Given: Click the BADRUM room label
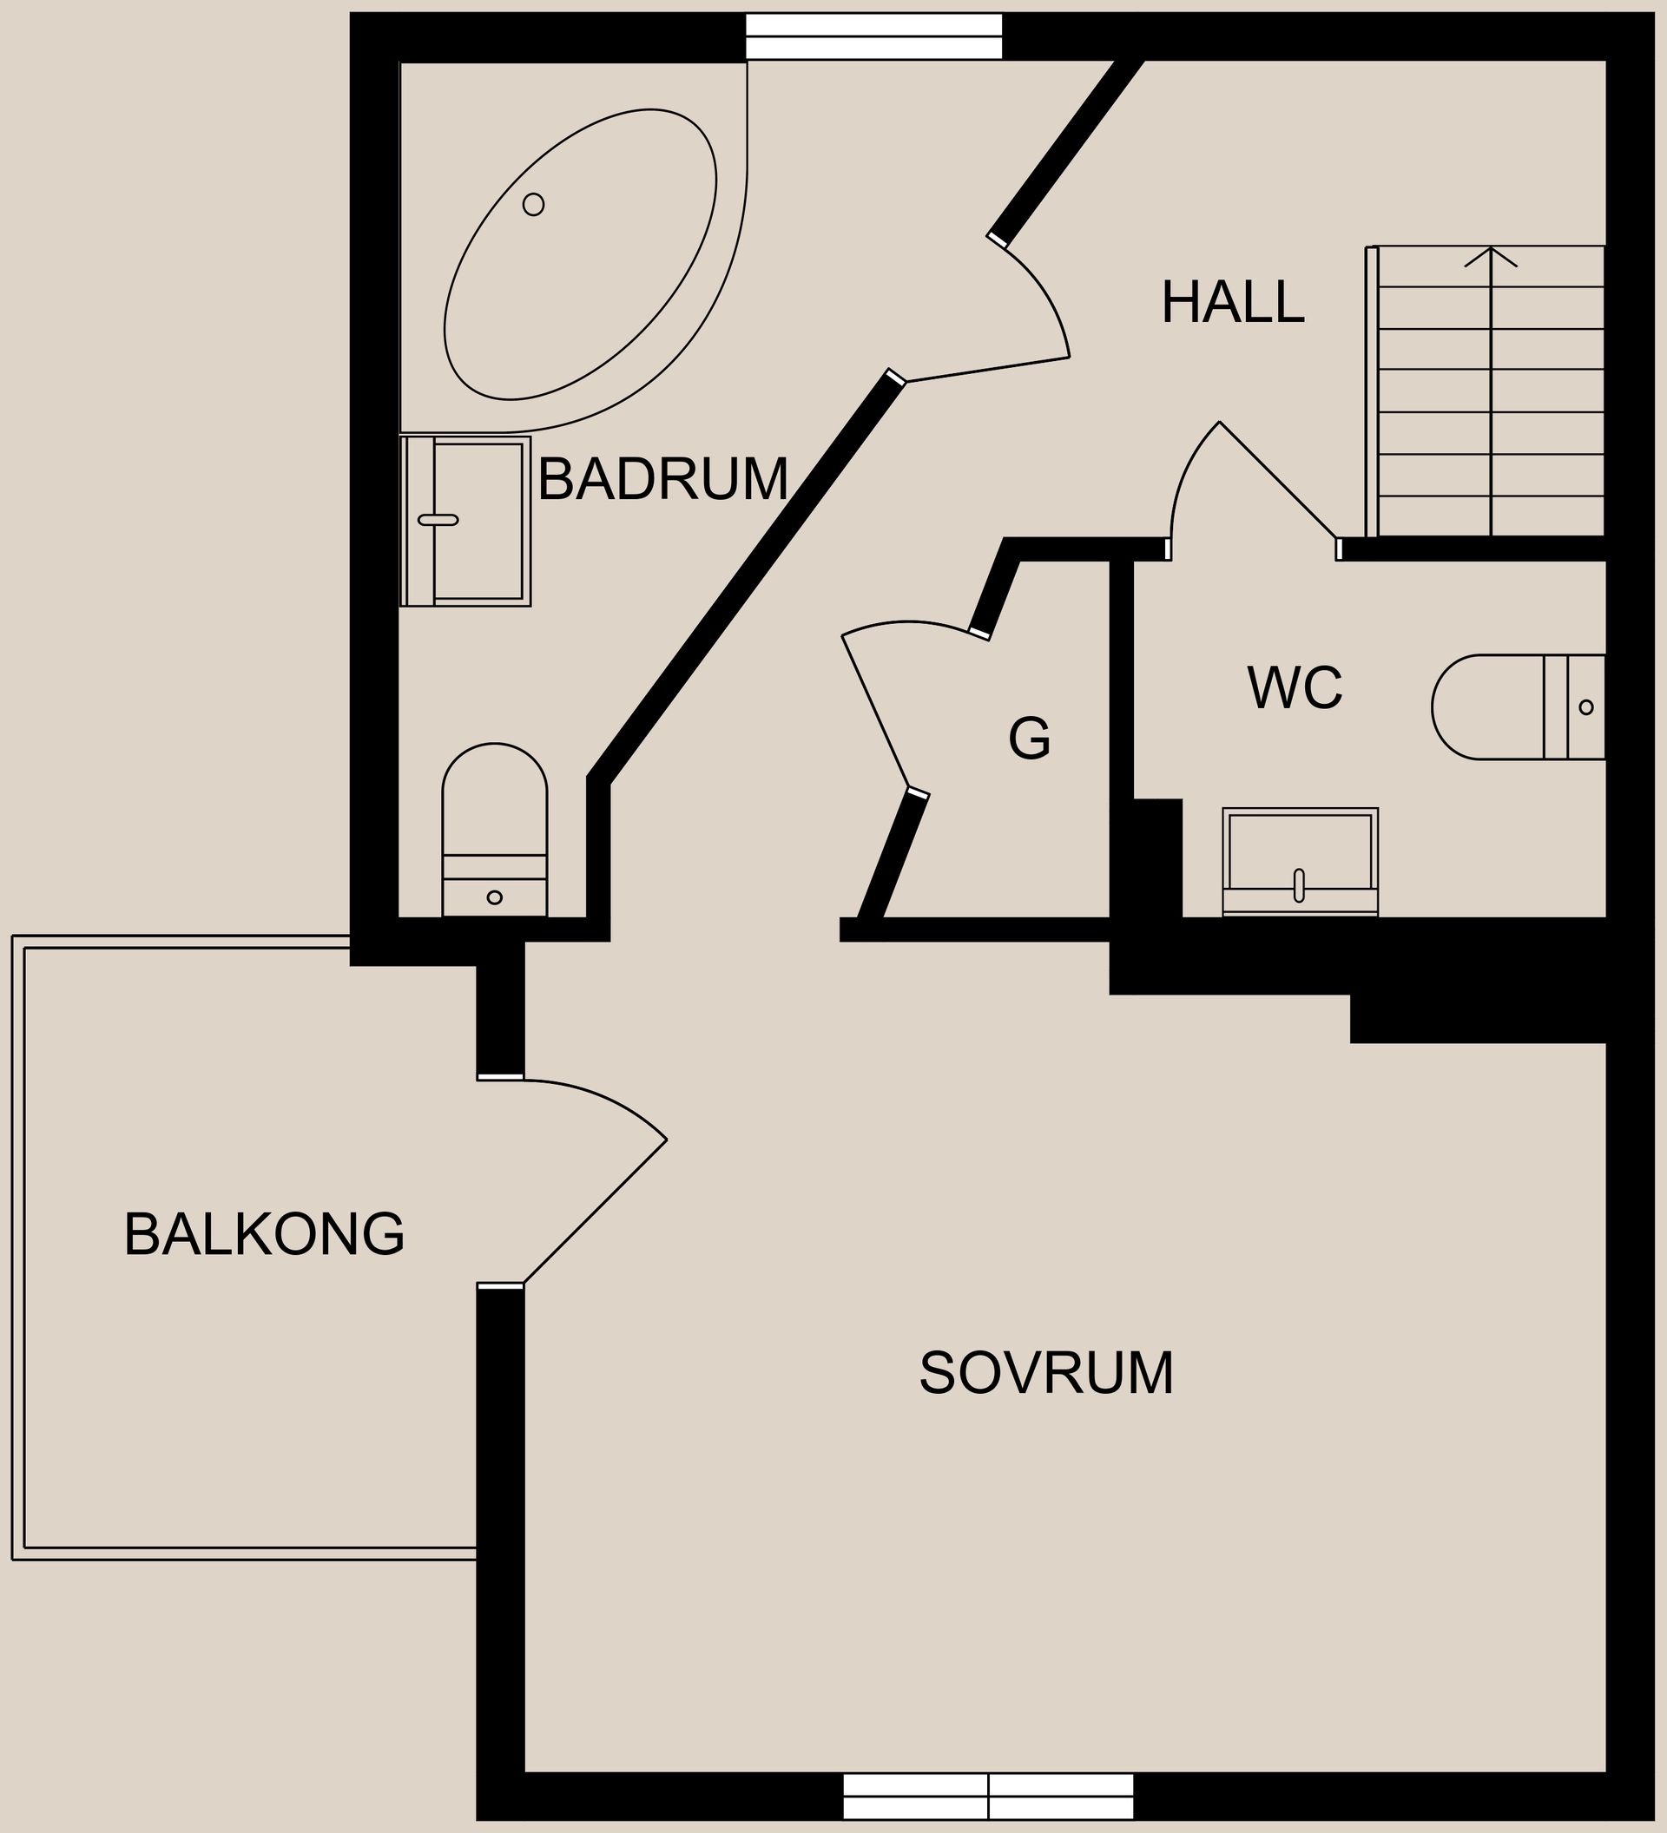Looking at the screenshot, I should (662, 479).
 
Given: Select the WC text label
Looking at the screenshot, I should (1295, 688).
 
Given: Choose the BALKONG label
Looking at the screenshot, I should (264, 1234).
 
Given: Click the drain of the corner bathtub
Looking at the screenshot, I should (534, 205).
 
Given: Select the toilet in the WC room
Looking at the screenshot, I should (1517, 706).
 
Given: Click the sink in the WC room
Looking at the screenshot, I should (1300, 861).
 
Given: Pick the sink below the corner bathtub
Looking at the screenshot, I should (465, 522).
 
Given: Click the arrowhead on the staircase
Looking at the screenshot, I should (1491, 256).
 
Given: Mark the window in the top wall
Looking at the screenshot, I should (873, 36).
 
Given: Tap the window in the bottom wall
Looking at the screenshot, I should (989, 1797).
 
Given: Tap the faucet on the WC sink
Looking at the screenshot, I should (1299, 885).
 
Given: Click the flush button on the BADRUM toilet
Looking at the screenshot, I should (495, 897).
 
